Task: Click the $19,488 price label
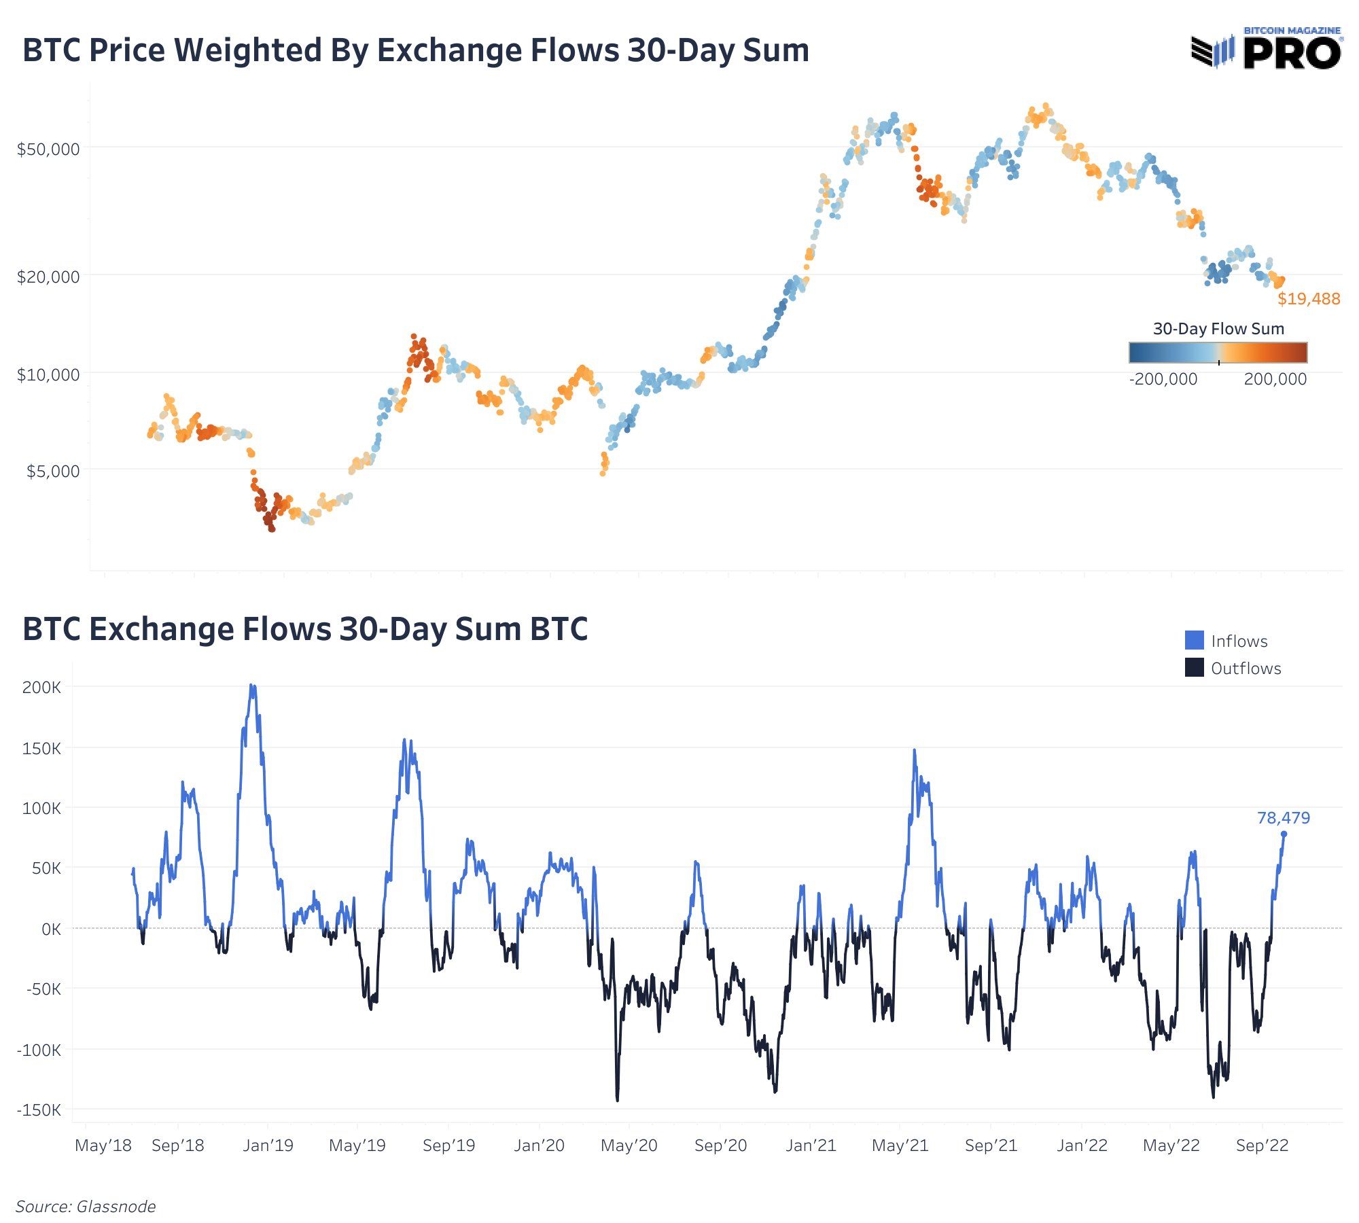tap(1309, 299)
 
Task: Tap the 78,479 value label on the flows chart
tap(1283, 817)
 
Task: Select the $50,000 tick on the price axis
tap(48, 149)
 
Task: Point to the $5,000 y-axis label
tap(53, 471)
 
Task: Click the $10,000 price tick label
tap(48, 374)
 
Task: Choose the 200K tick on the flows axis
tap(41, 687)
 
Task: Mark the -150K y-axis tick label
tap(39, 1110)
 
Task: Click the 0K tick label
tap(51, 929)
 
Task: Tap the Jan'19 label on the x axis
tap(268, 1145)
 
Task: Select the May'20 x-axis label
tap(629, 1145)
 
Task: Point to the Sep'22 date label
tap(1262, 1145)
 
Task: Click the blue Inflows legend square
tap(1194, 640)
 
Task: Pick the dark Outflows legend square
tap(1194, 667)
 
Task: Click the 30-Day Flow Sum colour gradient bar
tap(1218, 353)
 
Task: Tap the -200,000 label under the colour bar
tap(1163, 379)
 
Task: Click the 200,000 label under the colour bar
tap(1275, 379)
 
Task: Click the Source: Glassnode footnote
tap(86, 1206)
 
